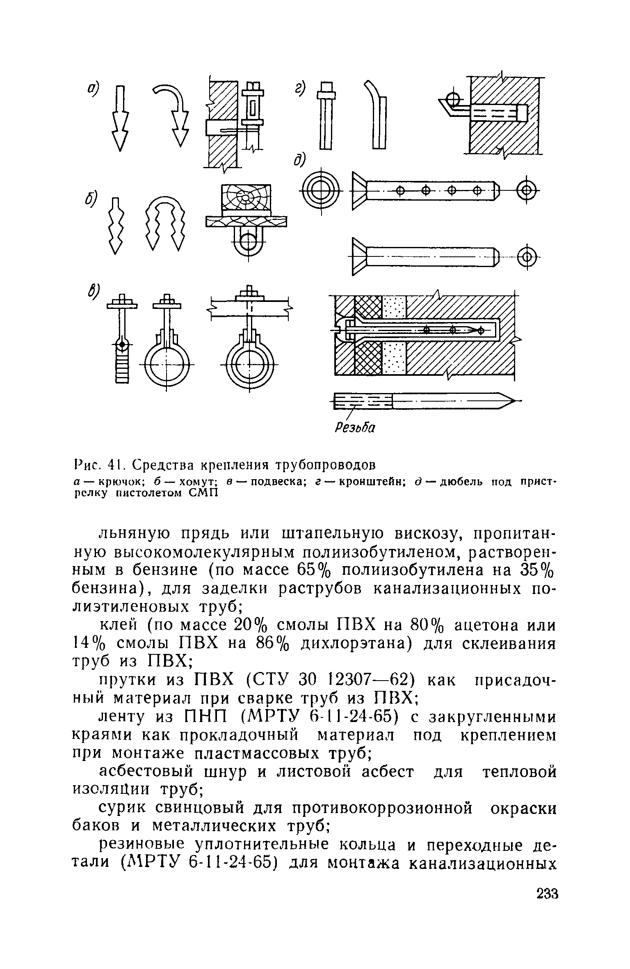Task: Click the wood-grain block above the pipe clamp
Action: [246, 198]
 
